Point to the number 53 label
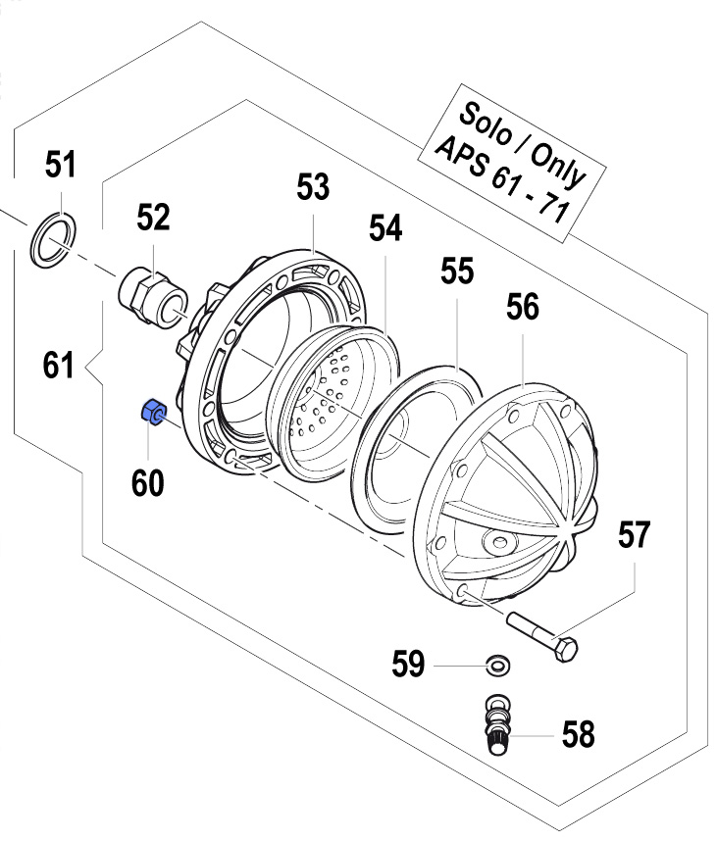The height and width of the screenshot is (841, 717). [x=313, y=188]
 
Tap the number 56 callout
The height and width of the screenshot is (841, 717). [x=522, y=308]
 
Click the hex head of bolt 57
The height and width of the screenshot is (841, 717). [x=566, y=648]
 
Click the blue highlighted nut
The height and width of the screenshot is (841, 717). [x=153, y=413]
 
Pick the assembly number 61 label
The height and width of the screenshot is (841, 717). [x=59, y=367]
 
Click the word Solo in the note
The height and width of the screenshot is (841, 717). [x=484, y=112]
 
